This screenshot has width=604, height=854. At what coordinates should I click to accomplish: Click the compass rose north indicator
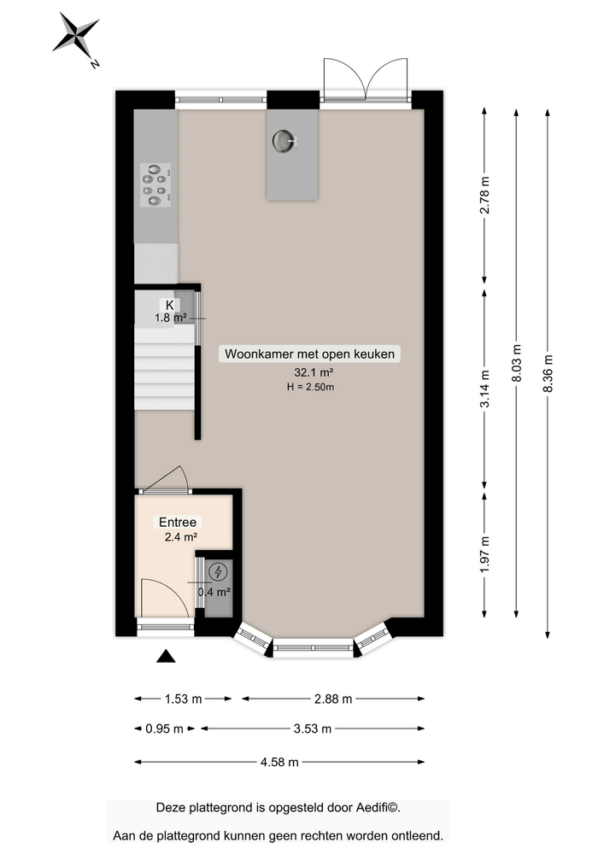coord(77,36)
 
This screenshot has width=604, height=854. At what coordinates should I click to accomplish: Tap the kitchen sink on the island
coord(284,140)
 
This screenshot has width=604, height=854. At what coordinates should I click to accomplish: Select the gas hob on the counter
coord(155,184)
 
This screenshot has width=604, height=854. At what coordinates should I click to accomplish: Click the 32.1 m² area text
coord(312,372)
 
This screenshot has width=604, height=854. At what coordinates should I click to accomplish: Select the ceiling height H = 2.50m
coord(312,387)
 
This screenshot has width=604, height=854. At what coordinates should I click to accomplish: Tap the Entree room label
coord(178,522)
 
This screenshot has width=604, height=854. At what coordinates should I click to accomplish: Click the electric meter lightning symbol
coord(218,571)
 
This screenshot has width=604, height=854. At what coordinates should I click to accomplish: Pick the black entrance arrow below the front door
coord(165,655)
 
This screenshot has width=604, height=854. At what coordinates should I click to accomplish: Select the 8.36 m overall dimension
coord(548,373)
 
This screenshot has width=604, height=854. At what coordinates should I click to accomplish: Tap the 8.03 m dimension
coord(516,362)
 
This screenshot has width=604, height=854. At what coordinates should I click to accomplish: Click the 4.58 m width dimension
coord(279,762)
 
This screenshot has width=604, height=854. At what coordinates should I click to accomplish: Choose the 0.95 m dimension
coord(165,728)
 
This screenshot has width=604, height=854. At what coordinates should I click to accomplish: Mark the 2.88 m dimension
coord(332,699)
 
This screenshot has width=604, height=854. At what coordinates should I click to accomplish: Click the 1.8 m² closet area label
coord(170,319)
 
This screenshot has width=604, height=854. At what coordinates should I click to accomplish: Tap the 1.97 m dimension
coord(485,553)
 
